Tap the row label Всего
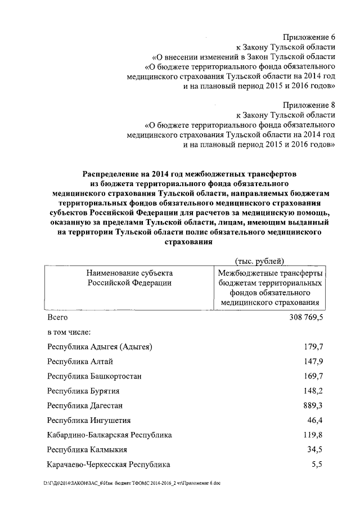click(x=58, y=318)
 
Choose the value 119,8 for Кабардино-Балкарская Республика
click(x=314, y=435)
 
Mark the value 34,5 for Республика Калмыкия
click(x=316, y=449)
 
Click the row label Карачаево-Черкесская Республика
click(x=109, y=465)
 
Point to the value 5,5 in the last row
click(x=318, y=465)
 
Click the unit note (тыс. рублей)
click(x=259, y=260)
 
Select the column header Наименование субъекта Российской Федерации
click(x=129, y=278)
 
